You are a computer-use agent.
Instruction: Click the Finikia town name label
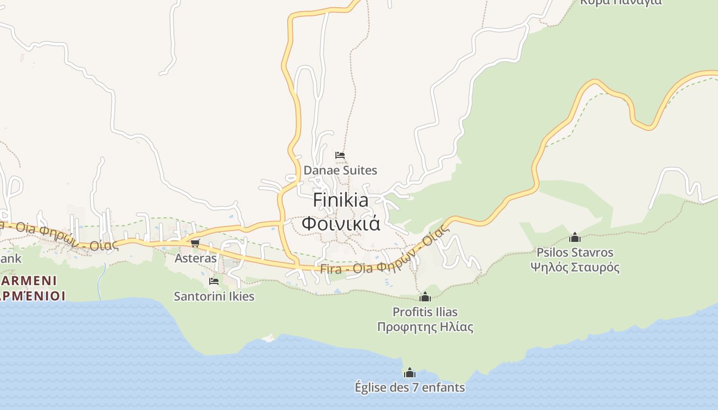[x=341, y=200]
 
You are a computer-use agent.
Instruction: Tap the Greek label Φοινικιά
[x=341, y=224]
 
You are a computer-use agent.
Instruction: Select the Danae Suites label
[x=341, y=170]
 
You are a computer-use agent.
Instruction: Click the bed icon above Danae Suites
[x=340, y=155]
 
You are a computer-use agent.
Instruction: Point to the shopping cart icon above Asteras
[x=195, y=243]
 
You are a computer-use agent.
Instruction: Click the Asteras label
[x=196, y=258]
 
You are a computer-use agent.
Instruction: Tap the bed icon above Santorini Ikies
[x=214, y=281]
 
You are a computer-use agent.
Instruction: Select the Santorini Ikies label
[x=214, y=296]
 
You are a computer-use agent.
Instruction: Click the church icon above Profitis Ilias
[x=425, y=297]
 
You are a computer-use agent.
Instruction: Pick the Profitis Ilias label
[x=425, y=312]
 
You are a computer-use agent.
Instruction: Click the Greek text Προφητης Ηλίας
[x=425, y=327]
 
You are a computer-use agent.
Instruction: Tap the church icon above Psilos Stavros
[x=575, y=237]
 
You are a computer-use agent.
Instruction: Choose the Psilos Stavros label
[x=575, y=252]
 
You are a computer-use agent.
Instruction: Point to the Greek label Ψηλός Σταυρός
[x=575, y=268]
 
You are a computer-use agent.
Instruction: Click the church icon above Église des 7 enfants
[x=410, y=373]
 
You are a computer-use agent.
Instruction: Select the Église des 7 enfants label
[x=410, y=387]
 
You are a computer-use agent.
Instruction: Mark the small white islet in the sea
[x=268, y=338]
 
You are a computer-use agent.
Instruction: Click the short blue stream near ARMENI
[x=101, y=282]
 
